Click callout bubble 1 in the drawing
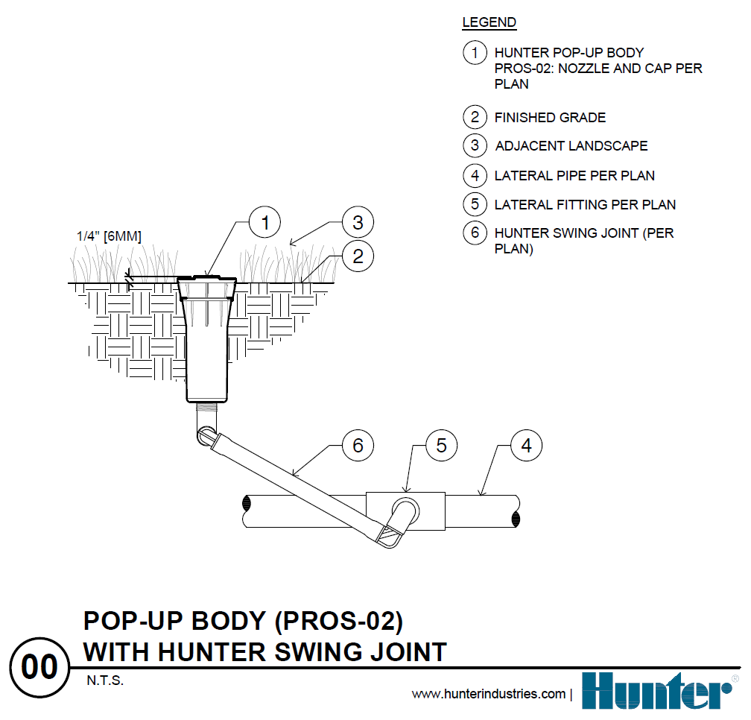click(x=264, y=222)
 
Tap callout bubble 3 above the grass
click(x=358, y=222)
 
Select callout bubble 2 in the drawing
click(x=358, y=256)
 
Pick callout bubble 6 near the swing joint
click(x=358, y=446)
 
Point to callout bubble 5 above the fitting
click(x=441, y=446)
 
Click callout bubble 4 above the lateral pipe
click(x=527, y=446)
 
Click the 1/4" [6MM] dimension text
click(x=109, y=236)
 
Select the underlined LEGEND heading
click(x=489, y=22)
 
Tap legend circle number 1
click(x=475, y=53)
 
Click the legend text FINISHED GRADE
click(x=550, y=118)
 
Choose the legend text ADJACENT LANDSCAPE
click(x=571, y=146)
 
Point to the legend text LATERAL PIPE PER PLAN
click(x=574, y=176)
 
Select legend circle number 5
click(x=475, y=204)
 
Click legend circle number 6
click(x=475, y=233)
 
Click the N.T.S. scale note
click(x=105, y=681)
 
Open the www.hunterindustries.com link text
click(x=488, y=694)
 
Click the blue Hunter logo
click(x=656, y=690)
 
